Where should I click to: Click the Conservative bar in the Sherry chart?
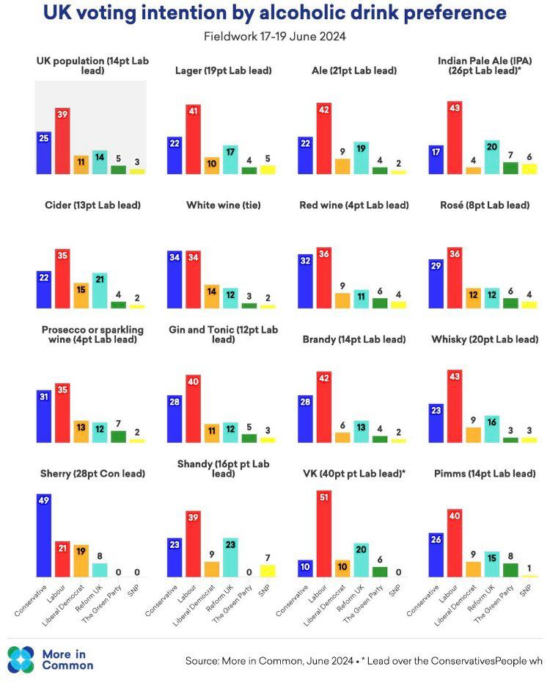point(44,535)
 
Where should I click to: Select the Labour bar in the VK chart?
point(324,533)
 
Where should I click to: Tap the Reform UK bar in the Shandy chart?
point(230,557)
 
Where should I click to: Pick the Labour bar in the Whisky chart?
point(455,405)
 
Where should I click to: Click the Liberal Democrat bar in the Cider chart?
point(81,295)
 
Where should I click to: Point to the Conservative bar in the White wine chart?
point(175,279)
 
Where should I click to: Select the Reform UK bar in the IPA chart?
point(492,157)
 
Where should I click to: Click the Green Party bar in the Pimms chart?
point(510,570)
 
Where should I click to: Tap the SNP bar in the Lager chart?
point(268,170)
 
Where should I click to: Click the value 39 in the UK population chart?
point(62,115)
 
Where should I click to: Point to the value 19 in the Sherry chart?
point(81,551)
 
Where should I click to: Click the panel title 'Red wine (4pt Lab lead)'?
point(354,205)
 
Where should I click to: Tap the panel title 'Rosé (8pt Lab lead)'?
point(485,205)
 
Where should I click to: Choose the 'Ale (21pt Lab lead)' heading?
point(354,71)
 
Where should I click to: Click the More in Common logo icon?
point(21,659)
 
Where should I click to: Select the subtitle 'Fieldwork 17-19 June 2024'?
point(275,36)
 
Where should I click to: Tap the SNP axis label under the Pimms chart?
point(525,590)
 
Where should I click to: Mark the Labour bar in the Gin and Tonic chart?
point(193,408)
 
